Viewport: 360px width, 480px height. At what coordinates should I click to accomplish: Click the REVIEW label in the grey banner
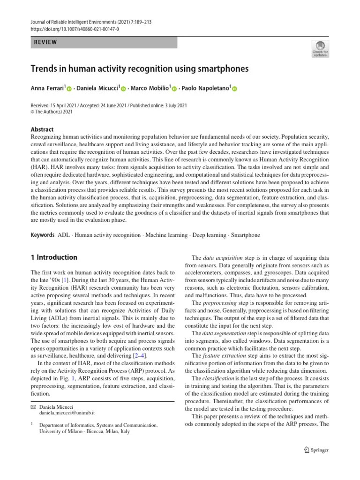pos(45,42)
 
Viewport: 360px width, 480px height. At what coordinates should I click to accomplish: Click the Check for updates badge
pos(320,49)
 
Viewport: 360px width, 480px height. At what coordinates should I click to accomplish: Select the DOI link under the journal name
pos(75,29)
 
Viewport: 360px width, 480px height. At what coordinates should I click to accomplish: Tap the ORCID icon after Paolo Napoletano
pos(235,89)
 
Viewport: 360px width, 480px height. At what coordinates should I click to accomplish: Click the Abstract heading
pos(42,129)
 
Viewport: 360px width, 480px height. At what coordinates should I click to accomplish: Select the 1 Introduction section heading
pos(54,257)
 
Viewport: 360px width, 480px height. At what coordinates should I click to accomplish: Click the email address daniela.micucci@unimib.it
pos(67,413)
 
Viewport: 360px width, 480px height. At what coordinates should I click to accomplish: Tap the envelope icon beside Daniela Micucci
pos(32,406)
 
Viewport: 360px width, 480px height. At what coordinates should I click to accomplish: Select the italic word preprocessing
pos(222,303)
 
